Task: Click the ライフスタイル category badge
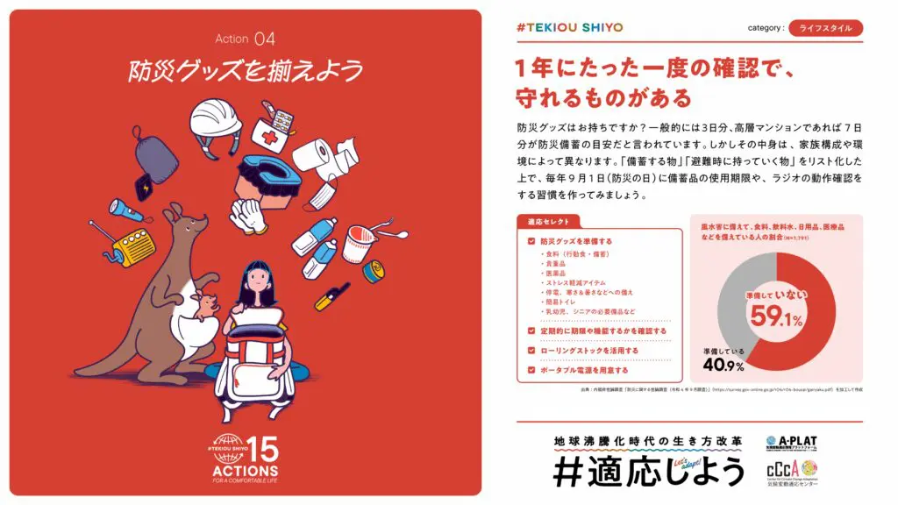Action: click(x=825, y=28)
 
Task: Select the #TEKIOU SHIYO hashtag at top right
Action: click(x=570, y=27)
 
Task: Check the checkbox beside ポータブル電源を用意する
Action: click(x=531, y=370)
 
